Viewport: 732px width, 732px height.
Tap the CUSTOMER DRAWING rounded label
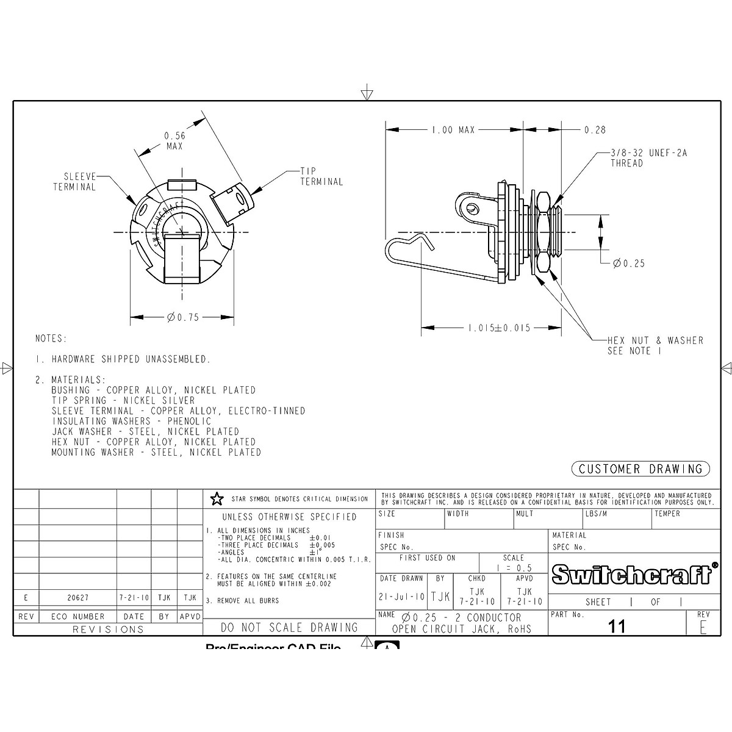tap(640, 469)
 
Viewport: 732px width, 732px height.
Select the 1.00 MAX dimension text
tap(453, 130)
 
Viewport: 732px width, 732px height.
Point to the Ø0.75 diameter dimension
tap(184, 317)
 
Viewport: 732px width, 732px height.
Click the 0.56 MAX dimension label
tap(174, 141)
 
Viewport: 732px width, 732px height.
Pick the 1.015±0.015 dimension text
tap(500, 328)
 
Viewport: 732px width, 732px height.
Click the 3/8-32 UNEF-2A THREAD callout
tap(648, 158)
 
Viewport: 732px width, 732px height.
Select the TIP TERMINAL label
tap(321, 176)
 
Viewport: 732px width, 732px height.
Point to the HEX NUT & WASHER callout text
tap(655, 345)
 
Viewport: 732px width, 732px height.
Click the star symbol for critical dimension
tap(217, 500)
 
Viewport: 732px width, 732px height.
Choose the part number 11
tap(617, 626)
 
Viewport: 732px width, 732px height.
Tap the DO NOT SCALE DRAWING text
tap(289, 627)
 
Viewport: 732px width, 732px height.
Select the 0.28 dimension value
tap(595, 130)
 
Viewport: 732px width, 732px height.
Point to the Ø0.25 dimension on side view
tap(629, 264)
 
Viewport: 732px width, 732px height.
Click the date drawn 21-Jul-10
tap(402, 597)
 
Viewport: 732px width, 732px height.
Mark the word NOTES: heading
tap(51, 339)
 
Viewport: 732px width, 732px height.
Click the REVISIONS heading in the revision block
tap(108, 630)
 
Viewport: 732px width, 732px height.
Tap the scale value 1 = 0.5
tap(514, 568)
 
